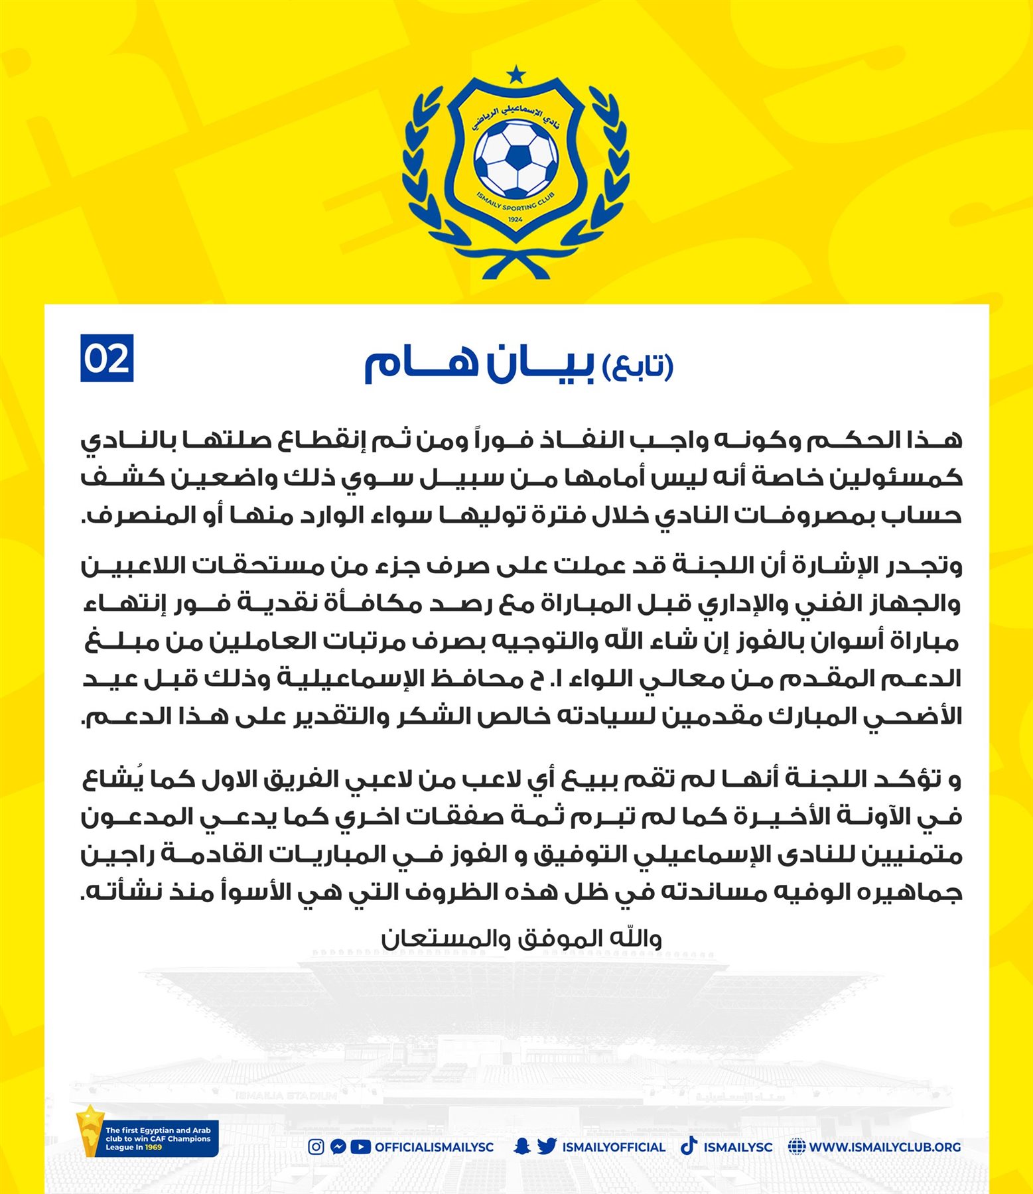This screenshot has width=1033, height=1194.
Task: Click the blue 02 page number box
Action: point(107,358)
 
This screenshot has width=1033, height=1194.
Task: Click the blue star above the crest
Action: point(516,72)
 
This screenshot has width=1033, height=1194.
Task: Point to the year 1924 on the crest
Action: point(515,219)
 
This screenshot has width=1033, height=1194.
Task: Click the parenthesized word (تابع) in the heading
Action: point(638,365)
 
